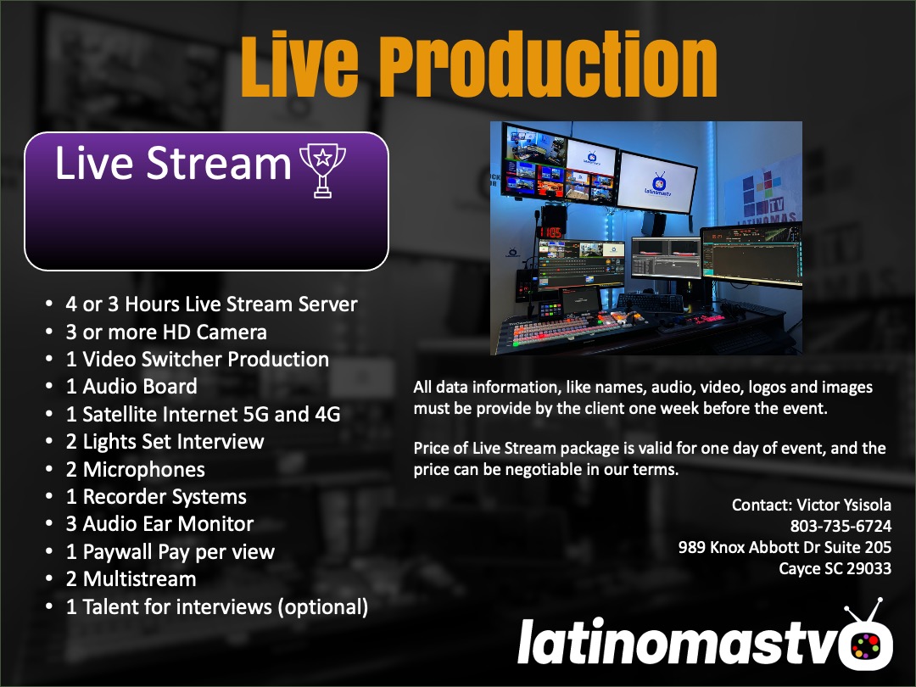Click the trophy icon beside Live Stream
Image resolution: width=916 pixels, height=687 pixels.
(x=322, y=170)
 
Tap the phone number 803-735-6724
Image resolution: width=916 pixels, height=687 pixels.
(x=841, y=526)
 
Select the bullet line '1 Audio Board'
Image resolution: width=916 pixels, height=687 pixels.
(x=131, y=386)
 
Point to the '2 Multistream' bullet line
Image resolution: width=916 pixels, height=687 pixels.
(x=131, y=579)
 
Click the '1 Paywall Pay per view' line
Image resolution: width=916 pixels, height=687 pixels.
(x=170, y=551)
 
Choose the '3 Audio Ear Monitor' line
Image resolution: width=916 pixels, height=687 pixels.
(x=159, y=523)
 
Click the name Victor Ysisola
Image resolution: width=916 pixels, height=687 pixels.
(x=844, y=505)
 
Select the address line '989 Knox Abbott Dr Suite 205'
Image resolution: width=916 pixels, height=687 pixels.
(x=785, y=547)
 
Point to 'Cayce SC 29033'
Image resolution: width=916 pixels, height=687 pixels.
(x=835, y=568)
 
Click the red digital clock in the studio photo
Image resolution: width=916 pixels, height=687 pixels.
(x=551, y=232)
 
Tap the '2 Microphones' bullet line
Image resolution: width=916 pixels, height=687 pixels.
(x=135, y=469)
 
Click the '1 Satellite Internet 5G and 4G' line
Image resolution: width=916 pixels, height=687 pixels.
(x=203, y=414)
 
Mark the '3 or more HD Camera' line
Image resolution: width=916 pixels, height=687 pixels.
(x=166, y=332)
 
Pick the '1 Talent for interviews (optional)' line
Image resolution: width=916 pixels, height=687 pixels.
(x=217, y=606)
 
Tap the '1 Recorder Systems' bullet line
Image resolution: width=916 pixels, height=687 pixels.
(x=156, y=496)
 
